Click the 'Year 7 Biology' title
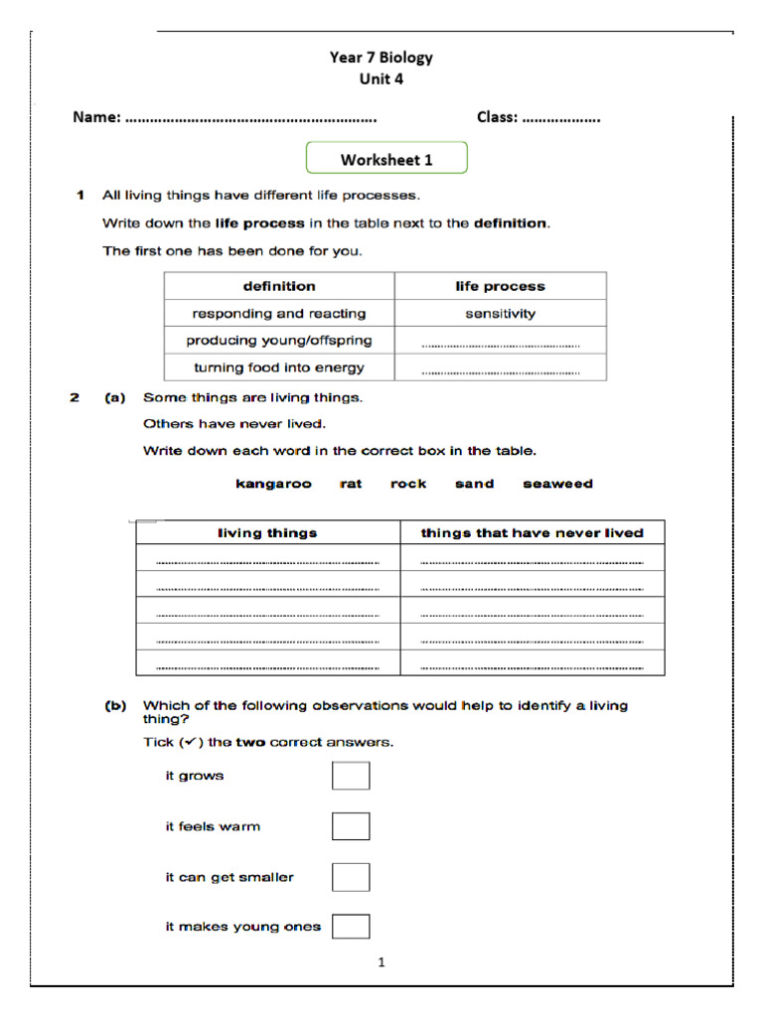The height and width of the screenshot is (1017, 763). (x=381, y=58)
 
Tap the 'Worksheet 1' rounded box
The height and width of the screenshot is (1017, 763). (x=386, y=159)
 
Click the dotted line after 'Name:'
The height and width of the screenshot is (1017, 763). (x=251, y=119)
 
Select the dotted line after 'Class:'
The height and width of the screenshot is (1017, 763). (x=561, y=119)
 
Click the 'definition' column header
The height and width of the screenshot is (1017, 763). (x=279, y=286)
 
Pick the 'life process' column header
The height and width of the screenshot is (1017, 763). (x=500, y=286)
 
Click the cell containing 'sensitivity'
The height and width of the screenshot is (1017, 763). (x=500, y=313)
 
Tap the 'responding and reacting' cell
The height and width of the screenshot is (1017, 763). (x=279, y=313)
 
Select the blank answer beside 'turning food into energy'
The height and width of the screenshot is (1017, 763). (x=500, y=369)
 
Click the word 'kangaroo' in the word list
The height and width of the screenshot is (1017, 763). (x=273, y=484)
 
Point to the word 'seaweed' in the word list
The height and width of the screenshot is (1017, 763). (x=557, y=484)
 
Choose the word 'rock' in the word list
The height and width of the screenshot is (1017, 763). (x=408, y=484)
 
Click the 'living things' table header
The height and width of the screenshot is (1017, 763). (x=267, y=533)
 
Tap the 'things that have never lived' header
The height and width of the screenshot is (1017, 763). (x=532, y=533)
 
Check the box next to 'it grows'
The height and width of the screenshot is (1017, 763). (x=351, y=776)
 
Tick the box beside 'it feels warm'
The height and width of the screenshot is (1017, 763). (x=351, y=826)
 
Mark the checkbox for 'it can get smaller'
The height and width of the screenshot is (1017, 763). (x=351, y=877)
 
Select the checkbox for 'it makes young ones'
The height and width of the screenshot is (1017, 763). (x=351, y=927)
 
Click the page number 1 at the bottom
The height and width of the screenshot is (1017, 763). (x=381, y=961)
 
